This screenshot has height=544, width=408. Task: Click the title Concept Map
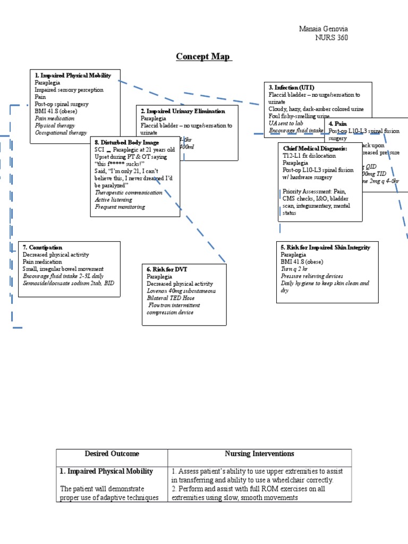(204, 57)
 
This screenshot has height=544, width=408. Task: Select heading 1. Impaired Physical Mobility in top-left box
(73, 75)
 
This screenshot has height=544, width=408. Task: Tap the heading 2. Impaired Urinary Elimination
(183, 111)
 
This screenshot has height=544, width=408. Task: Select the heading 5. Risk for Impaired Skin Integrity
(325, 248)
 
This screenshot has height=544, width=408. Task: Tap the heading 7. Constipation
(42, 248)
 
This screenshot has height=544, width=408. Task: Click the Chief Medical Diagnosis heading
(315, 149)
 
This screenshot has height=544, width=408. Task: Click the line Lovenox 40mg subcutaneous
(181, 291)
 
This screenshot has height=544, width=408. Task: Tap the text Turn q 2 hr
(293, 269)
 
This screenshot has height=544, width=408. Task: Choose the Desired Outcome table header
(112, 454)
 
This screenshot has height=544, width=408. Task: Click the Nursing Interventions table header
(259, 454)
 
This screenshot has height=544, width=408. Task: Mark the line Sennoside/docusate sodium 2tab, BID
(68, 283)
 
